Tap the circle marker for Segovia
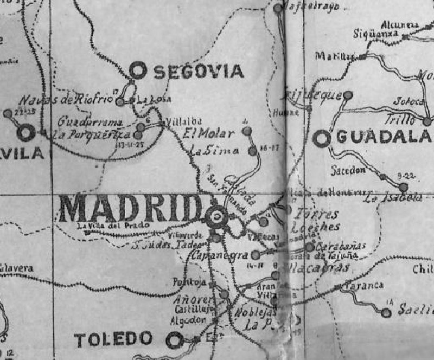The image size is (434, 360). tap(138, 70)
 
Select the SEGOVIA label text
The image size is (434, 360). tap(198, 71)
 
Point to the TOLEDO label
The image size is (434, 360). tap(113, 340)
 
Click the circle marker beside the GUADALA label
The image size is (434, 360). tap(322, 138)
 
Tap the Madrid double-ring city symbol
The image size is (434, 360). tap(216, 217)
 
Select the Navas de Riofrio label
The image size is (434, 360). tap(66, 100)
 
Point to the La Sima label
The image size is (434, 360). tap(214, 151)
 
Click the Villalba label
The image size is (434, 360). tap(181, 121)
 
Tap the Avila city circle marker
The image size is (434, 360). tap(25, 132)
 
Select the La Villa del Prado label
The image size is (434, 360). tap(101, 226)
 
